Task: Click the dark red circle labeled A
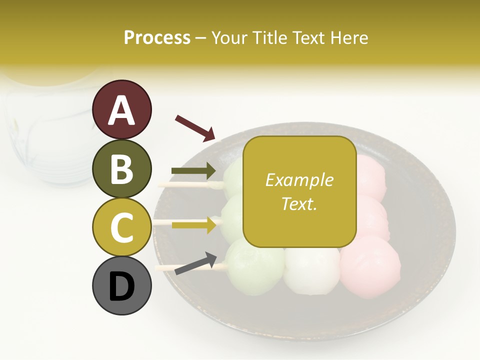pyautogui.click(x=121, y=109)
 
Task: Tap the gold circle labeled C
pyautogui.click(x=121, y=227)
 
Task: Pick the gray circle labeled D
pyautogui.click(x=121, y=285)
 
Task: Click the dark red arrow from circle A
pyautogui.click(x=195, y=127)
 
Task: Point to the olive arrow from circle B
pyautogui.click(x=193, y=171)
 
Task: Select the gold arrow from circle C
pyautogui.click(x=193, y=224)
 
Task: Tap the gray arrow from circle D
pyautogui.click(x=195, y=263)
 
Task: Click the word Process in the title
pyautogui.click(x=157, y=37)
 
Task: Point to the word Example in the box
pyautogui.click(x=299, y=180)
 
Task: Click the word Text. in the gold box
pyautogui.click(x=299, y=203)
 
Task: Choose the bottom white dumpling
pyautogui.click(x=311, y=270)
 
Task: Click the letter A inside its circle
pyautogui.click(x=121, y=109)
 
